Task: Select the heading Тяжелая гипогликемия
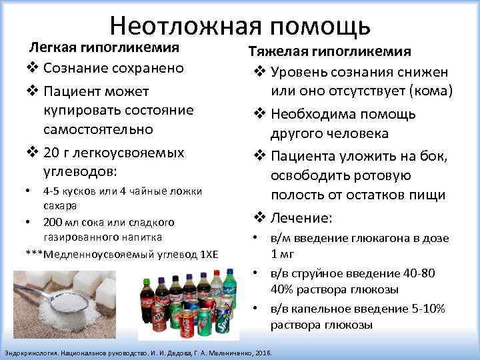click(329, 51)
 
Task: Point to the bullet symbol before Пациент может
click(31, 91)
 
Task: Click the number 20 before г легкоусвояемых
click(51, 153)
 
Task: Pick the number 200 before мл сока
click(53, 221)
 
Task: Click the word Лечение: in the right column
click(303, 217)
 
